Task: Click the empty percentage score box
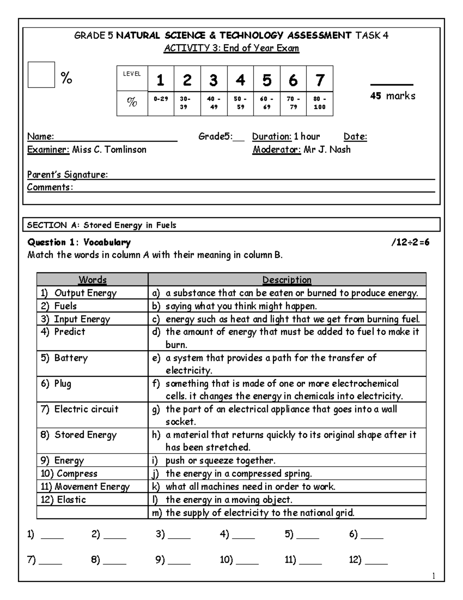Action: pyautogui.click(x=41, y=75)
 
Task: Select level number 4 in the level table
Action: pyautogui.click(x=240, y=80)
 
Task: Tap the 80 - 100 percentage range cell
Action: pyautogui.click(x=319, y=103)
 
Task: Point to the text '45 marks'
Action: pyautogui.click(x=392, y=96)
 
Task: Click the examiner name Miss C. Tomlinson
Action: pyautogui.click(x=109, y=150)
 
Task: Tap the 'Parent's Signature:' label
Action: pyautogui.click(x=67, y=175)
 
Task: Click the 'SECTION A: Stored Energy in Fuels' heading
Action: pyautogui.click(x=101, y=225)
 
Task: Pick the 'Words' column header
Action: pyautogui.click(x=92, y=279)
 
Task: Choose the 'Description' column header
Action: pyautogui.click(x=287, y=279)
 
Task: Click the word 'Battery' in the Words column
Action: pyautogui.click(x=71, y=358)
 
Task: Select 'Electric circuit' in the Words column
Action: pyautogui.click(x=86, y=409)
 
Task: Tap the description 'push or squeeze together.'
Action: pyautogui.click(x=220, y=461)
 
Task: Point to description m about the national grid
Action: pyautogui.click(x=259, y=513)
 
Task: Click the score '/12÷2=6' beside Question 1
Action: pyautogui.click(x=410, y=243)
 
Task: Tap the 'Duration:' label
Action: pyautogui.click(x=272, y=136)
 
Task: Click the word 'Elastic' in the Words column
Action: pyautogui.click(x=71, y=500)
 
